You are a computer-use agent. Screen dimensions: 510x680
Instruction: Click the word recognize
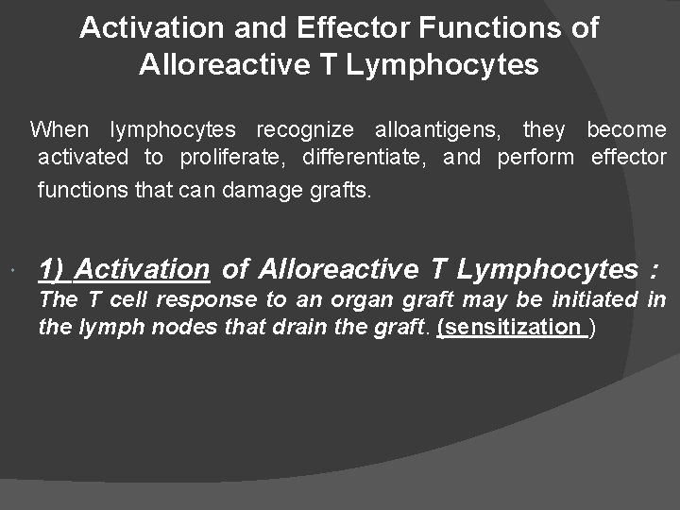pyautogui.click(x=305, y=129)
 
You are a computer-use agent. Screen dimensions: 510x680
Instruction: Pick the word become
pyautogui.click(x=626, y=129)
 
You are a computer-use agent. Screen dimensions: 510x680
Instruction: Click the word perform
pyautogui.click(x=535, y=157)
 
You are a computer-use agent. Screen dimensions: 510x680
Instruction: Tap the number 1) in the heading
pyautogui.click(x=53, y=269)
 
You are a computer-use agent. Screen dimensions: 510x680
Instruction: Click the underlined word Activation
pyautogui.click(x=142, y=269)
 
